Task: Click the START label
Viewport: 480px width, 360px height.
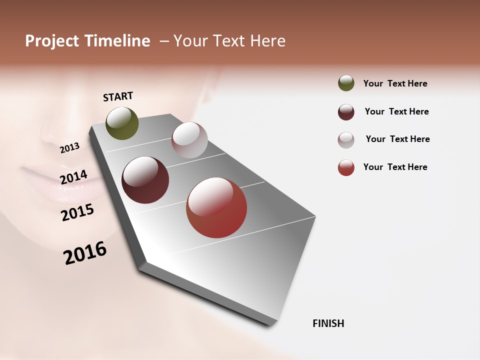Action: click(x=118, y=96)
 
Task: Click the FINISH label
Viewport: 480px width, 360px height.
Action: click(x=328, y=323)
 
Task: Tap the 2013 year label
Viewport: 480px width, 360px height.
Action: click(x=69, y=148)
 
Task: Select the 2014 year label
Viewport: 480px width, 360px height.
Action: click(x=73, y=177)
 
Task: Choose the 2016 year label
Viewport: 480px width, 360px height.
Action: click(x=85, y=253)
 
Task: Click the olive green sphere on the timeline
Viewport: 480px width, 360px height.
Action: click(x=122, y=123)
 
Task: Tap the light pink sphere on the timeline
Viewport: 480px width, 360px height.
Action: click(x=189, y=140)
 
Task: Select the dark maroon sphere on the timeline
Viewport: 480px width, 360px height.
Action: click(x=145, y=180)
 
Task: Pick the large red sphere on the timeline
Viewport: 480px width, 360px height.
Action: click(x=216, y=207)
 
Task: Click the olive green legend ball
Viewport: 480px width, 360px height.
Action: click(x=346, y=83)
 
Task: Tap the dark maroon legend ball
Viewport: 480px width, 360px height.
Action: click(x=346, y=112)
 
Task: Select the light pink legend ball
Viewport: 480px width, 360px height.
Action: click(x=346, y=140)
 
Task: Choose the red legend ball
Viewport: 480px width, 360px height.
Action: click(x=346, y=167)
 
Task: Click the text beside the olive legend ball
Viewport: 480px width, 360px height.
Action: click(x=395, y=83)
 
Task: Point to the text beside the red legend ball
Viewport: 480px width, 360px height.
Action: click(x=395, y=167)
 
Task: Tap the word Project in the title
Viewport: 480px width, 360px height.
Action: click(x=52, y=41)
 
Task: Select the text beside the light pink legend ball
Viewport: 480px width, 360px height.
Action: click(x=397, y=139)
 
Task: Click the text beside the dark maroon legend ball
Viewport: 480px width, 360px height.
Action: click(x=396, y=111)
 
